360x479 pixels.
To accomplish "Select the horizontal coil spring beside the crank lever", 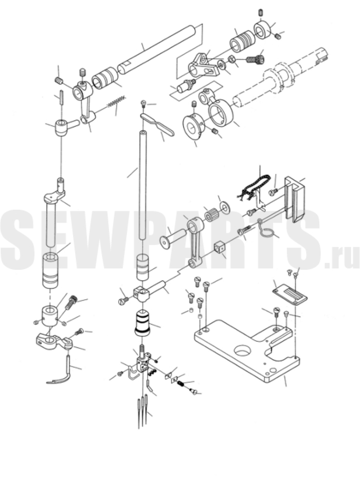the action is (x=116, y=101).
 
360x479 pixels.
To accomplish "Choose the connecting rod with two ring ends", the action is (x=194, y=242).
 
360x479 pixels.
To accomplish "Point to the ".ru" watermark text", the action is (x=342, y=256).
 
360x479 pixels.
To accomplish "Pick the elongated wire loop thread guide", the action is (x=157, y=124).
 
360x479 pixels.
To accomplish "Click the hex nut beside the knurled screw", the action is (x=231, y=59).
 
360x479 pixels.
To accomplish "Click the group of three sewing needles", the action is (x=142, y=411).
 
